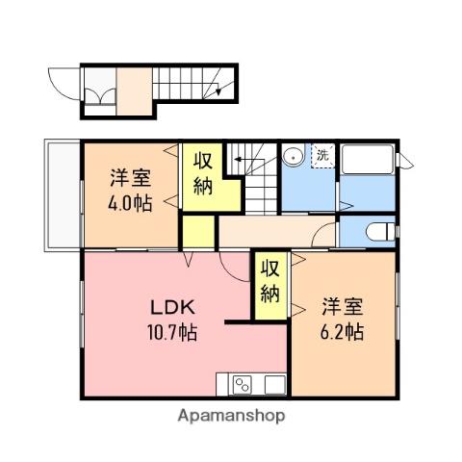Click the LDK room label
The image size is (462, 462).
tap(172, 307)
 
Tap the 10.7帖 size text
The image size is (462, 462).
tap(171, 332)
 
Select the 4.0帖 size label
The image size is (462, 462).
tap(130, 203)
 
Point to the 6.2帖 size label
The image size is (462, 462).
tap(342, 331)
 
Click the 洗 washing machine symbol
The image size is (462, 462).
tap(322, 156)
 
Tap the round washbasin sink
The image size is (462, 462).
tap(293, 157)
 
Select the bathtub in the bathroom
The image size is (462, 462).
tap(368, 160)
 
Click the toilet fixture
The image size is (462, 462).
tap(381, 231)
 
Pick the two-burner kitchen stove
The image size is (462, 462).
tap(243, 385)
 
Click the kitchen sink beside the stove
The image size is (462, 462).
tap(275, 384)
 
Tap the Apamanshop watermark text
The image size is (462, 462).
tap(231, 416)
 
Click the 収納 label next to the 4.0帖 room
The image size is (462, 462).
tap(203, 173)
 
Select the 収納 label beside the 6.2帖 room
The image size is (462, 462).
tap(270, 281)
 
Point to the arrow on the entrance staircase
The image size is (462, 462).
tap(218, 90)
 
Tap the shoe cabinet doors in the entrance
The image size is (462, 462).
tap(100, 96)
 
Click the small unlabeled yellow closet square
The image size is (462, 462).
tap(198, 231)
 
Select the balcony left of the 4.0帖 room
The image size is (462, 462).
tap(63, 195)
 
